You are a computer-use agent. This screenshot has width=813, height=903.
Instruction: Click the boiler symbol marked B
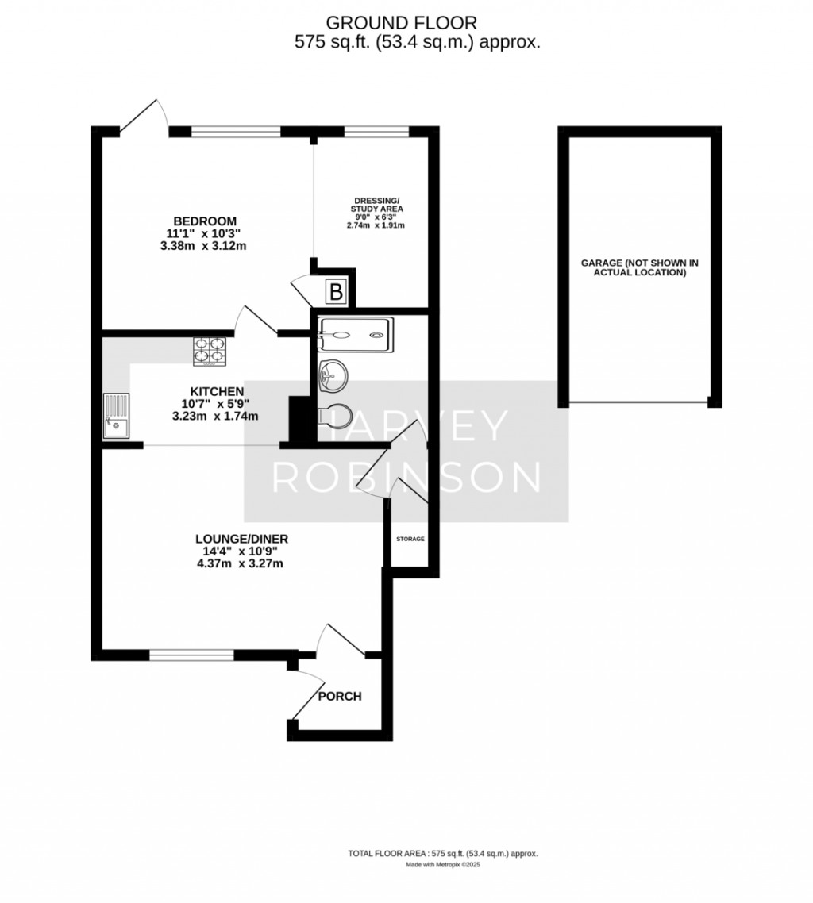point(335,292)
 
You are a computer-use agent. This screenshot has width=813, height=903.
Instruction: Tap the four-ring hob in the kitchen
point(209,350)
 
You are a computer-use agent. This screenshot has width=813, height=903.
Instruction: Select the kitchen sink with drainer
point(117,416)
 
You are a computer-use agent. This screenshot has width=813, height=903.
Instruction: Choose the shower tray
point(356,335)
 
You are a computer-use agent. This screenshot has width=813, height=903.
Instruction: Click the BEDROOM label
point(205,221)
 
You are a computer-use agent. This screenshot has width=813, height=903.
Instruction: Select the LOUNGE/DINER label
point(241,539)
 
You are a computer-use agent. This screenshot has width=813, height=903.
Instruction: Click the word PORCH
point(340,696)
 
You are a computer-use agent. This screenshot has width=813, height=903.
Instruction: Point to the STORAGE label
point(410,539)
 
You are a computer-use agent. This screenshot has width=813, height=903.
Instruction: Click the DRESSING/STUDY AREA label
point(377,205)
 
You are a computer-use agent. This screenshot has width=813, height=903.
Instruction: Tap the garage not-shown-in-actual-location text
point(640,267)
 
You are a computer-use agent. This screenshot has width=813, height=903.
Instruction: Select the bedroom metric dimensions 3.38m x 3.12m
point(203,246)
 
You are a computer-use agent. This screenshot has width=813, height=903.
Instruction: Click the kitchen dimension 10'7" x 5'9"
point(215,404)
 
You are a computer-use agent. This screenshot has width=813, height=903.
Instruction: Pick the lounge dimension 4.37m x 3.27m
point(241,563)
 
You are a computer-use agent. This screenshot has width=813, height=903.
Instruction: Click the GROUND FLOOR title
point(402,23)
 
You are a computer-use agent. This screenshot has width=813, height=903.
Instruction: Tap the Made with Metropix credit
point(443,881)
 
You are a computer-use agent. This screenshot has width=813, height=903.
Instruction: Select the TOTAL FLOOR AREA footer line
point(442,870)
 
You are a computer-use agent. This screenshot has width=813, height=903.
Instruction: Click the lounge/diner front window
point(192,655)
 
